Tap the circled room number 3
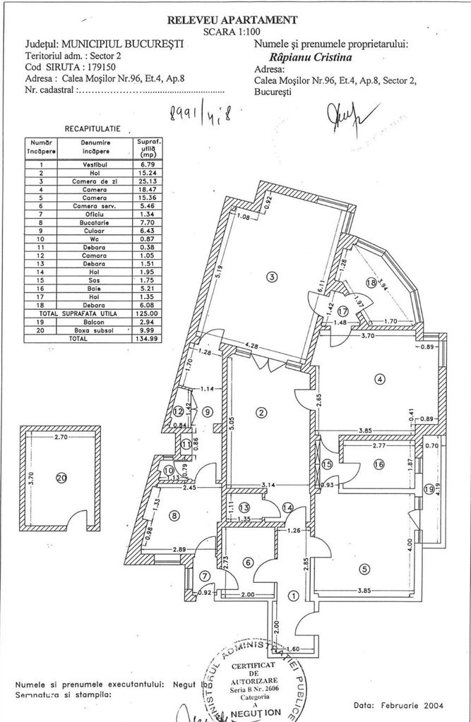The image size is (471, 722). pyautogui.click(x=271, y=277)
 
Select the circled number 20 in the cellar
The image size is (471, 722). pyautogui.click(x=61, y=478)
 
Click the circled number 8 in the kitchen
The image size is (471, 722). pyautogui.click(x=174, y=516)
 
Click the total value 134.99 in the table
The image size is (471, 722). pyautogui.click(x=145, y=339)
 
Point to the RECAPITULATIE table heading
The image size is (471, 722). pyautogui.click(x=93, y=129)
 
